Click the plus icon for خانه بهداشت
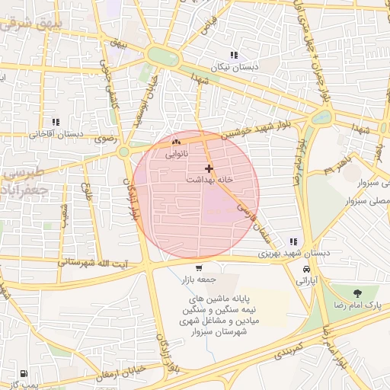point(209,168)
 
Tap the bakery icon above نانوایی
point(177,142)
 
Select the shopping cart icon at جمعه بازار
point(199,267)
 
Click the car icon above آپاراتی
point(306,270)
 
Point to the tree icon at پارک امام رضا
point(356,292)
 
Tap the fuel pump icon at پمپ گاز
point(24,374)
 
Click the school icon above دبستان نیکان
point(234,55)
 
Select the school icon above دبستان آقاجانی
point(55,122)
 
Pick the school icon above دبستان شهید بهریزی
point(293,241)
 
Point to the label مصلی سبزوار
point(366,200)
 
